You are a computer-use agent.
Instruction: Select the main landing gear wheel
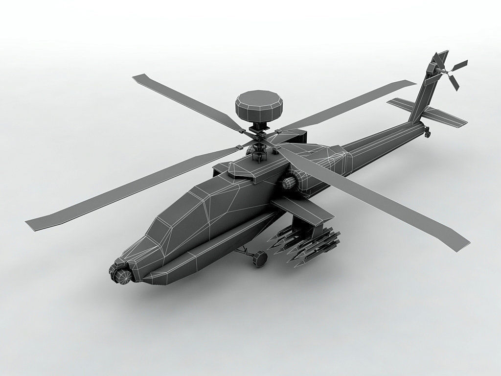click(260, 258)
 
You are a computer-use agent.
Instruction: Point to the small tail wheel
click(428, 132)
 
